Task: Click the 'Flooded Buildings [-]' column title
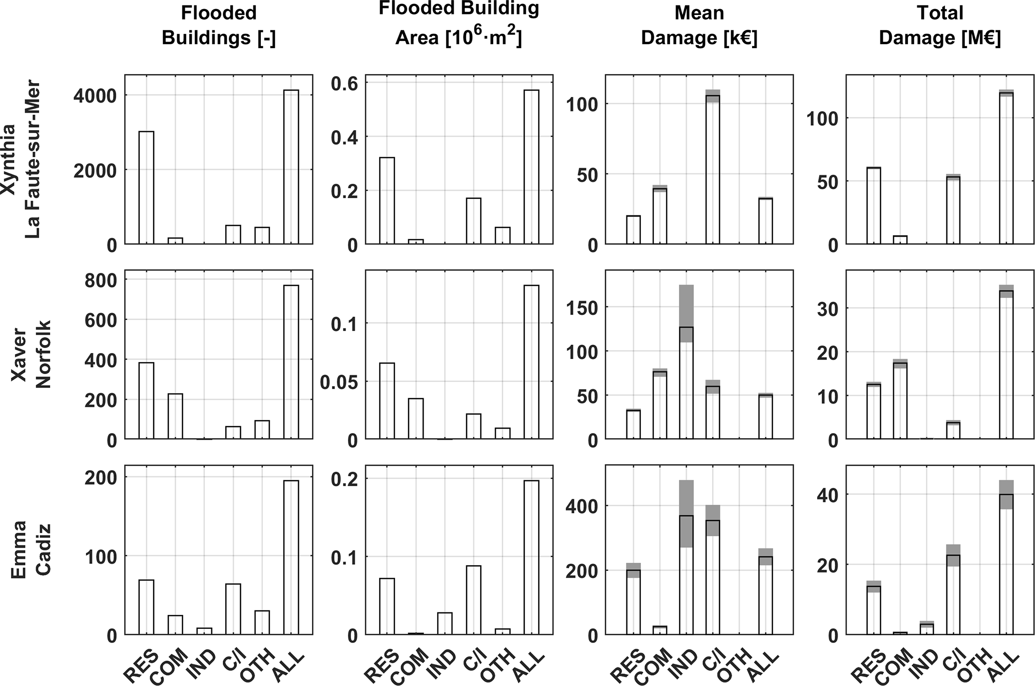(219, 26)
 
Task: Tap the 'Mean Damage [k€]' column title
(699, 26)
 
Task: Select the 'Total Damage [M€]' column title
(940, 26)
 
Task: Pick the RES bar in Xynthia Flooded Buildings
(146, 188)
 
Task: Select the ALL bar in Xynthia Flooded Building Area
(531, 167)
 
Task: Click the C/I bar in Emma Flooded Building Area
(473, 600)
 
